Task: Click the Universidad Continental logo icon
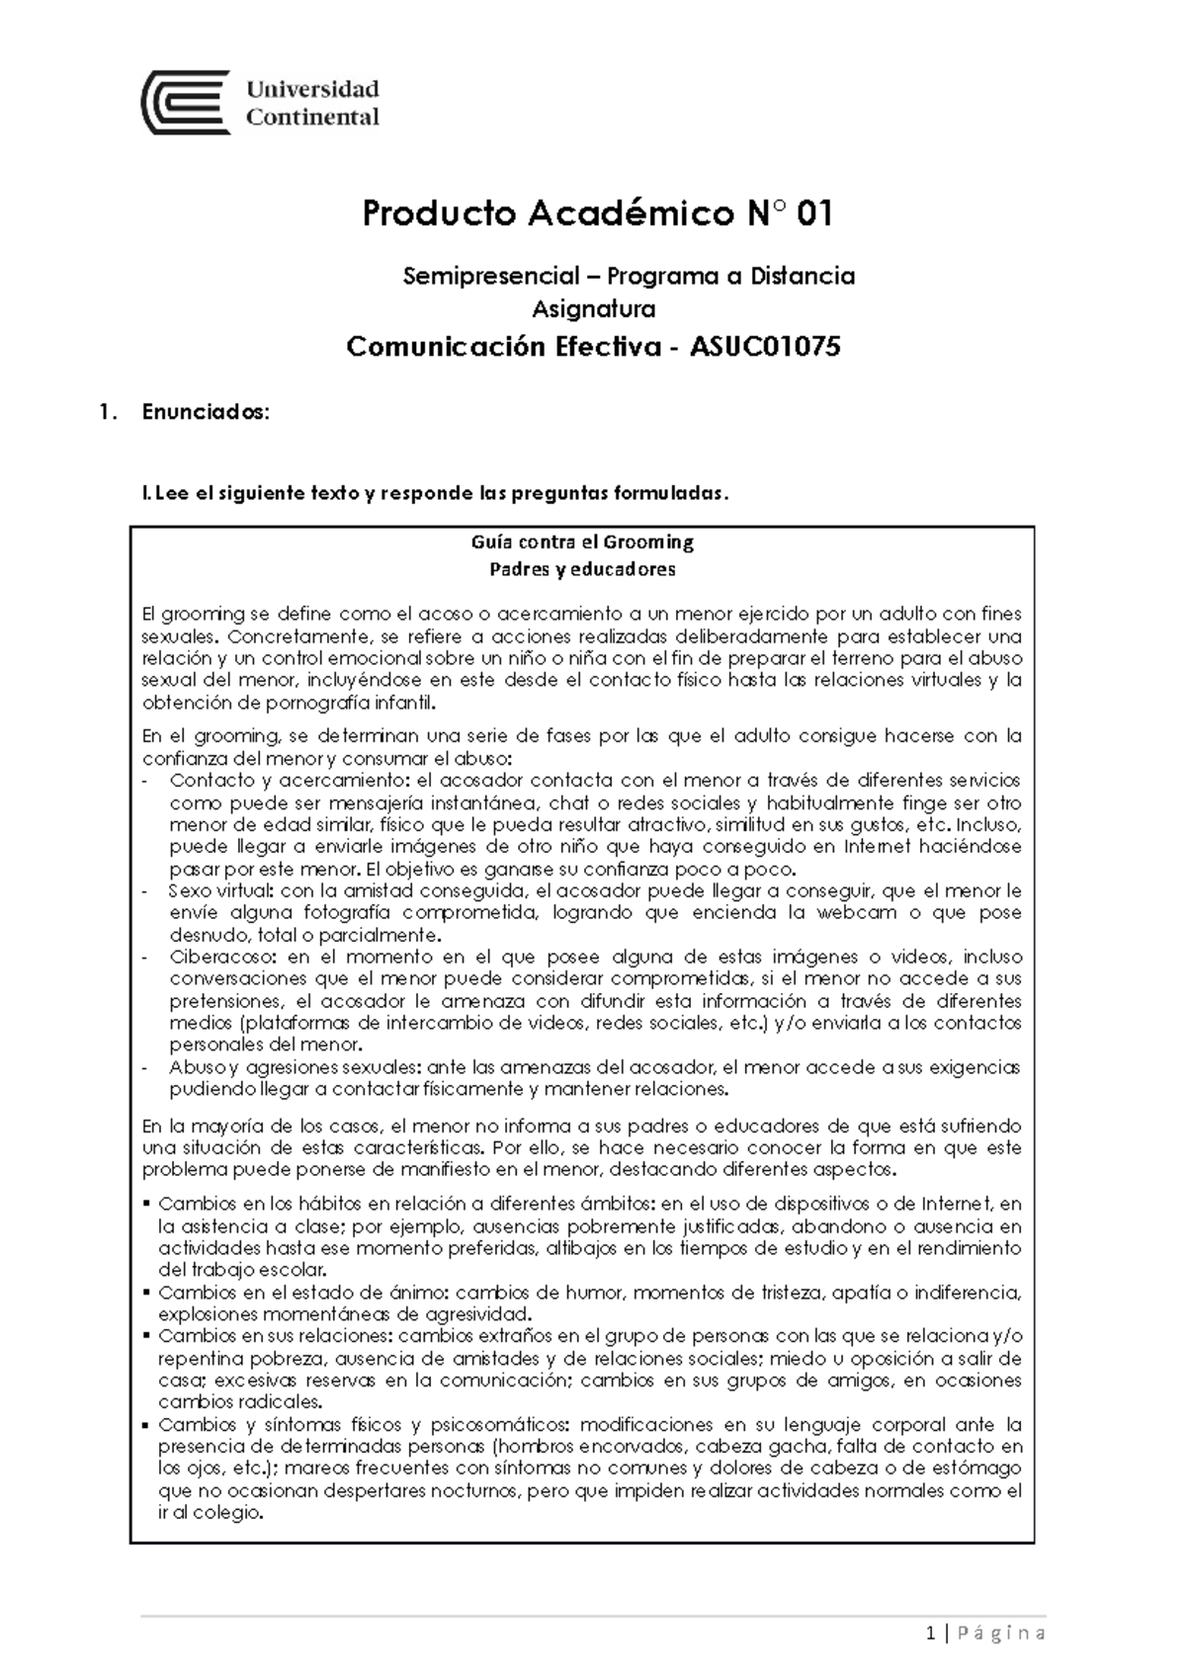click(x=187, y=102)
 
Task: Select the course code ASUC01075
click(x=766, y=347)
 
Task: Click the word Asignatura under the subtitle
click(x=594, y=309)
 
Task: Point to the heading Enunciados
click(x=205, y=413)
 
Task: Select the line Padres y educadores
click(x=583, y=569)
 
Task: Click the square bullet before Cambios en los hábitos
click(x=147, y=1205)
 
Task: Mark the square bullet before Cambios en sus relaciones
click(x=147, y=1337)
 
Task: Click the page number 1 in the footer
click(x=933, y=1633)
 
